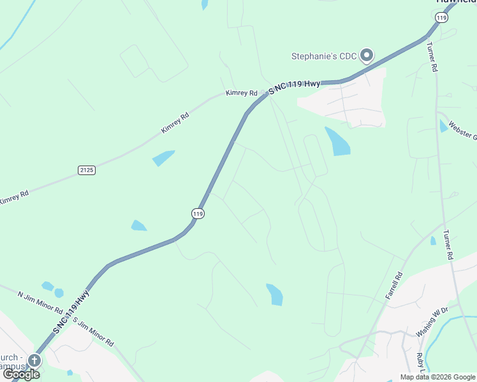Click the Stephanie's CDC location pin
pyautogui.click(x=367, y=56)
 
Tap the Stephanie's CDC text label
pyautogui.click(x=324, y=57)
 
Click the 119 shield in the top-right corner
pyautogui.click(x=441, y=18)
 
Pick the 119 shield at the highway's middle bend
pyautogui.click(x=198, y=214)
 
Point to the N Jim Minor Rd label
pyautogui.click(x=40, y=303)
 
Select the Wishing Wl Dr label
pyautogui.click(x=432, y=325)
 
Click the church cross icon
pyautogui.click(x=34, y=361)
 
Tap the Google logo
pyautogui.click(x=21, y=374)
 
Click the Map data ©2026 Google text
pyautogui.click(x=437, y=377)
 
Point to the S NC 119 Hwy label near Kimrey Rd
pyautogui.click(x=294, y=87)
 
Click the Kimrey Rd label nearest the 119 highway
pyautogui.click(x=240, y=93)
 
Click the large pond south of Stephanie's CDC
pyautogui.click(x=337, y=141)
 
